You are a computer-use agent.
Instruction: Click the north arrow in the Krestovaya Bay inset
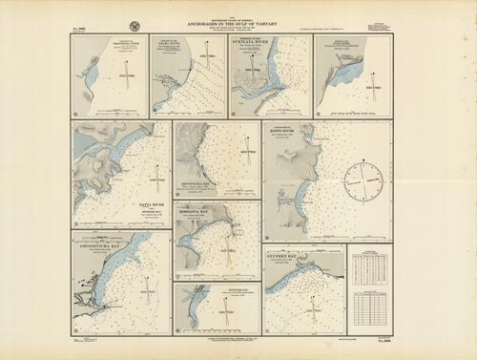pyautogui.click(x=247, y=145)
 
